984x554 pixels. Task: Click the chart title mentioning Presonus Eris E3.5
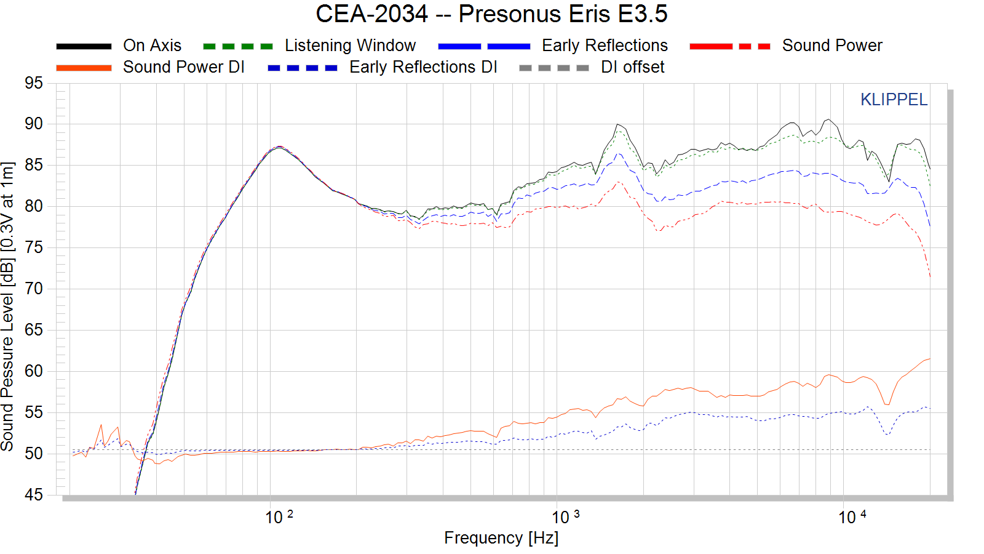point(491,14)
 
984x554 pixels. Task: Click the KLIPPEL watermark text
point(893,100)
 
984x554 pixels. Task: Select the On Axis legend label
point(152,46)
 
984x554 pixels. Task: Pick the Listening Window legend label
point(350,46)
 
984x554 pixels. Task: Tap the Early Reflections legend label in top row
point(604,46)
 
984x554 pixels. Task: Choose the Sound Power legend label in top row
point(831,46)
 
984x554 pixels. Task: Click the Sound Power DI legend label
point(183,67)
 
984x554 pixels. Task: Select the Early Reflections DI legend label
point(423,67)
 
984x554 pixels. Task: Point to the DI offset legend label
point(632,67)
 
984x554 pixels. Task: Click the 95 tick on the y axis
point(34,83)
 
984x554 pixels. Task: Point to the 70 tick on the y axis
point(34,289)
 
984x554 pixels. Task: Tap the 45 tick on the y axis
point(34,495)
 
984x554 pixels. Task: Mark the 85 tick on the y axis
point(34,165)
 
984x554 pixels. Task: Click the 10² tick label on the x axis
point(279,517)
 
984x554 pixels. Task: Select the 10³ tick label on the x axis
point(565,517)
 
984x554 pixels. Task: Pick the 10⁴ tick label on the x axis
point(852,517)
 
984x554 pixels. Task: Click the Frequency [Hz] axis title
point(501,538)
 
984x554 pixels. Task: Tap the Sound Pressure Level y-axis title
point(7,307)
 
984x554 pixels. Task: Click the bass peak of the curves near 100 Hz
point(279,147)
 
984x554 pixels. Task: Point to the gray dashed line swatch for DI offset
point(553,68)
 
